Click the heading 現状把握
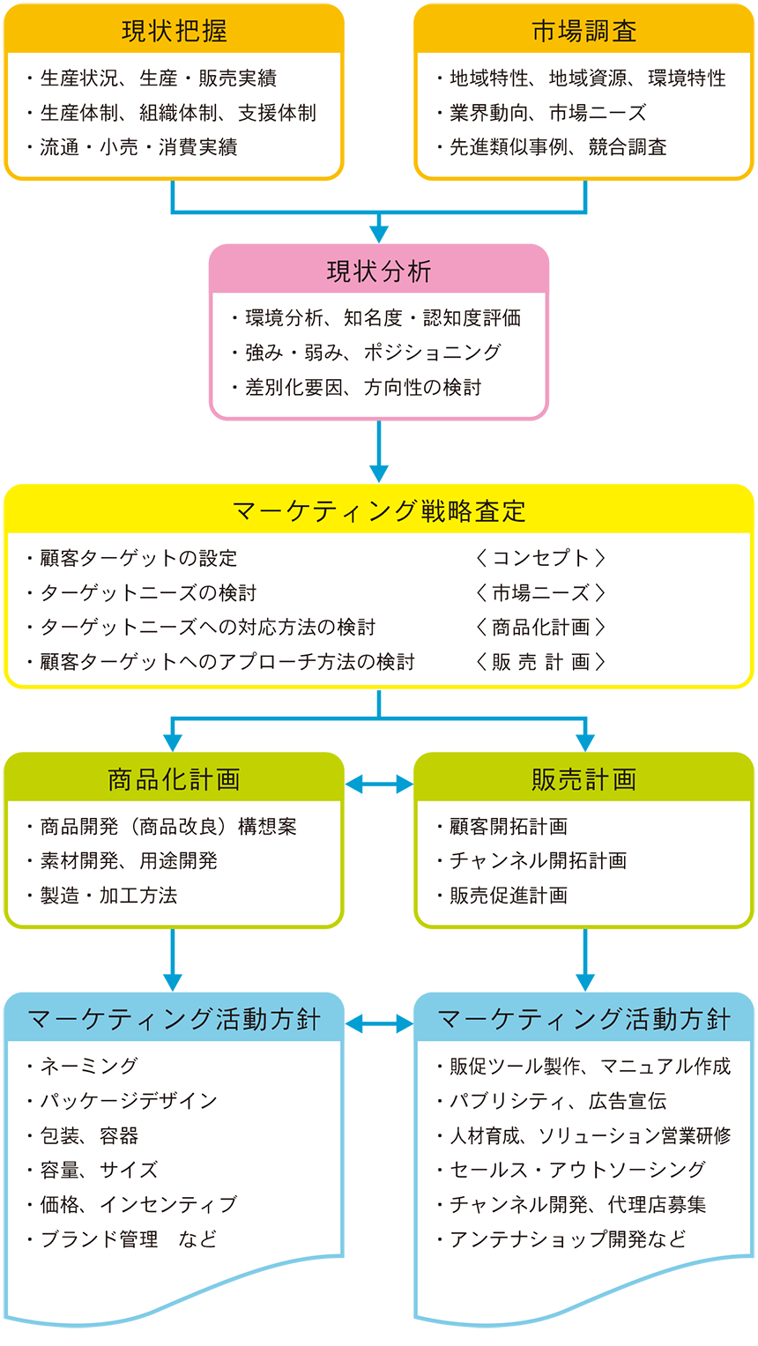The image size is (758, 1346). pyautogui.click(x=174, y=31)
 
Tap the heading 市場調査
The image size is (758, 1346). pyautogui.click(x=583, y=31)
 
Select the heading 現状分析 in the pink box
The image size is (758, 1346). pyautogui.click(x=379, y=271)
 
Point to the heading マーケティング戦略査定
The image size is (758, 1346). pyautogui.click(x=379, y=511)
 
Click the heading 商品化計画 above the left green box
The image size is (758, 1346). pyautogui.click(x=174, y=779)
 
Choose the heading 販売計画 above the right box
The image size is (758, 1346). pyautogui.click(x=583, y=779)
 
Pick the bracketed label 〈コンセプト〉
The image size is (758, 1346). pyautogui.click(x=540, y=558)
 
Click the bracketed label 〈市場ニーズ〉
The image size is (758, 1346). pyautogui.click(x=540, y=592)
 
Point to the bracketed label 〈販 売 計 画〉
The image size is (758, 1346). pyautogui.click(x=540, y=662)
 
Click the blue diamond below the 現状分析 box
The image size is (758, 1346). pyautogui.click(x=379, y=451)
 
